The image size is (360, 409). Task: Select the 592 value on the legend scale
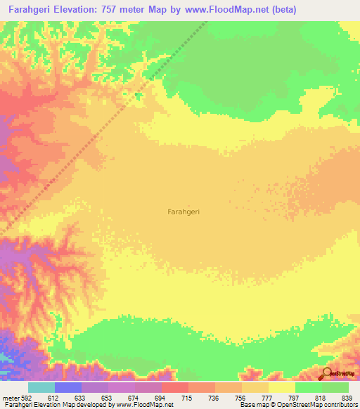point(27,398)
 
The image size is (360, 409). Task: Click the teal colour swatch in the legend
point(41,387)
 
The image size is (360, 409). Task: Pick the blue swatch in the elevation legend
point(68,387)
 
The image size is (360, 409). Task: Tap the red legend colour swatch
point(175,387)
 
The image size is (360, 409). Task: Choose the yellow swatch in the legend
point(282,387)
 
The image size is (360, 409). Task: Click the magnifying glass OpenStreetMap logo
point(328,375)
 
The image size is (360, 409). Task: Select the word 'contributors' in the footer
point(341,405)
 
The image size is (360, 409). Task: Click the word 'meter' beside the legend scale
point(10,398)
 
